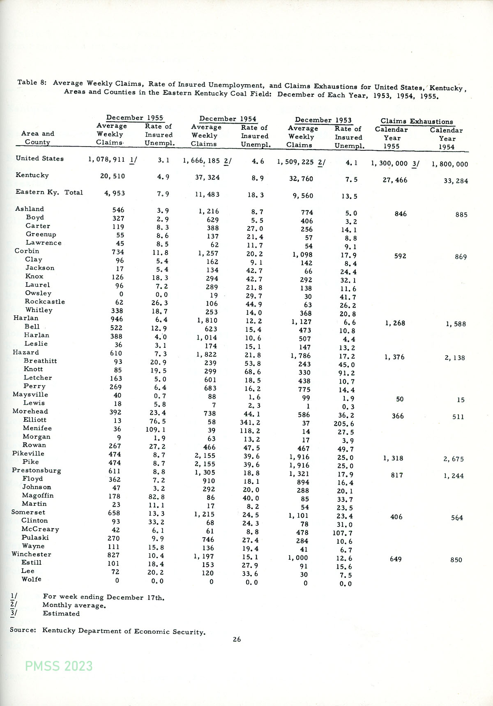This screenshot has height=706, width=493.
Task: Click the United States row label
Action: pos(40,159)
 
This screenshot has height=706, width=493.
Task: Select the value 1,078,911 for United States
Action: pos(106,159)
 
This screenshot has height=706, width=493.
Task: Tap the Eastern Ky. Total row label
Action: pos(49,192)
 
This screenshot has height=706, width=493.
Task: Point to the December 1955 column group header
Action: pos(135,118)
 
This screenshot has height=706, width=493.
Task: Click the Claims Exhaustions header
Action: pos(417,122)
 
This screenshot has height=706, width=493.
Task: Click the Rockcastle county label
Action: pos(45,301)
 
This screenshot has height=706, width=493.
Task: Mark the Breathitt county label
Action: pos(40,361)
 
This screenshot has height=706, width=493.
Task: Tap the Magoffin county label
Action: pos(38,495)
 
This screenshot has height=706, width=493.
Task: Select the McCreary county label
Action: pos(40,529)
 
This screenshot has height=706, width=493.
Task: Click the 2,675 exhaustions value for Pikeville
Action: pos(454,459)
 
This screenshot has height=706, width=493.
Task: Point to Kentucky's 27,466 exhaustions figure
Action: pos(395,180)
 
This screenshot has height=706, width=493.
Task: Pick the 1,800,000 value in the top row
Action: pos(449,164)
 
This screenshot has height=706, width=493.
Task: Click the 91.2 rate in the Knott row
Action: pos(346,373)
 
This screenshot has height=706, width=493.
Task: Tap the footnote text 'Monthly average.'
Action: pos(74,605)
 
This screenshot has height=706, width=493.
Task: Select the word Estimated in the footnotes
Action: pos(61,614)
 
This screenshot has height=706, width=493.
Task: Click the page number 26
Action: pos(237,639)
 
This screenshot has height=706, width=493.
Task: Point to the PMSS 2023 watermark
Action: pos(59,666)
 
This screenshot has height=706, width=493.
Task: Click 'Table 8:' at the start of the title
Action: pos(32,83)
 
